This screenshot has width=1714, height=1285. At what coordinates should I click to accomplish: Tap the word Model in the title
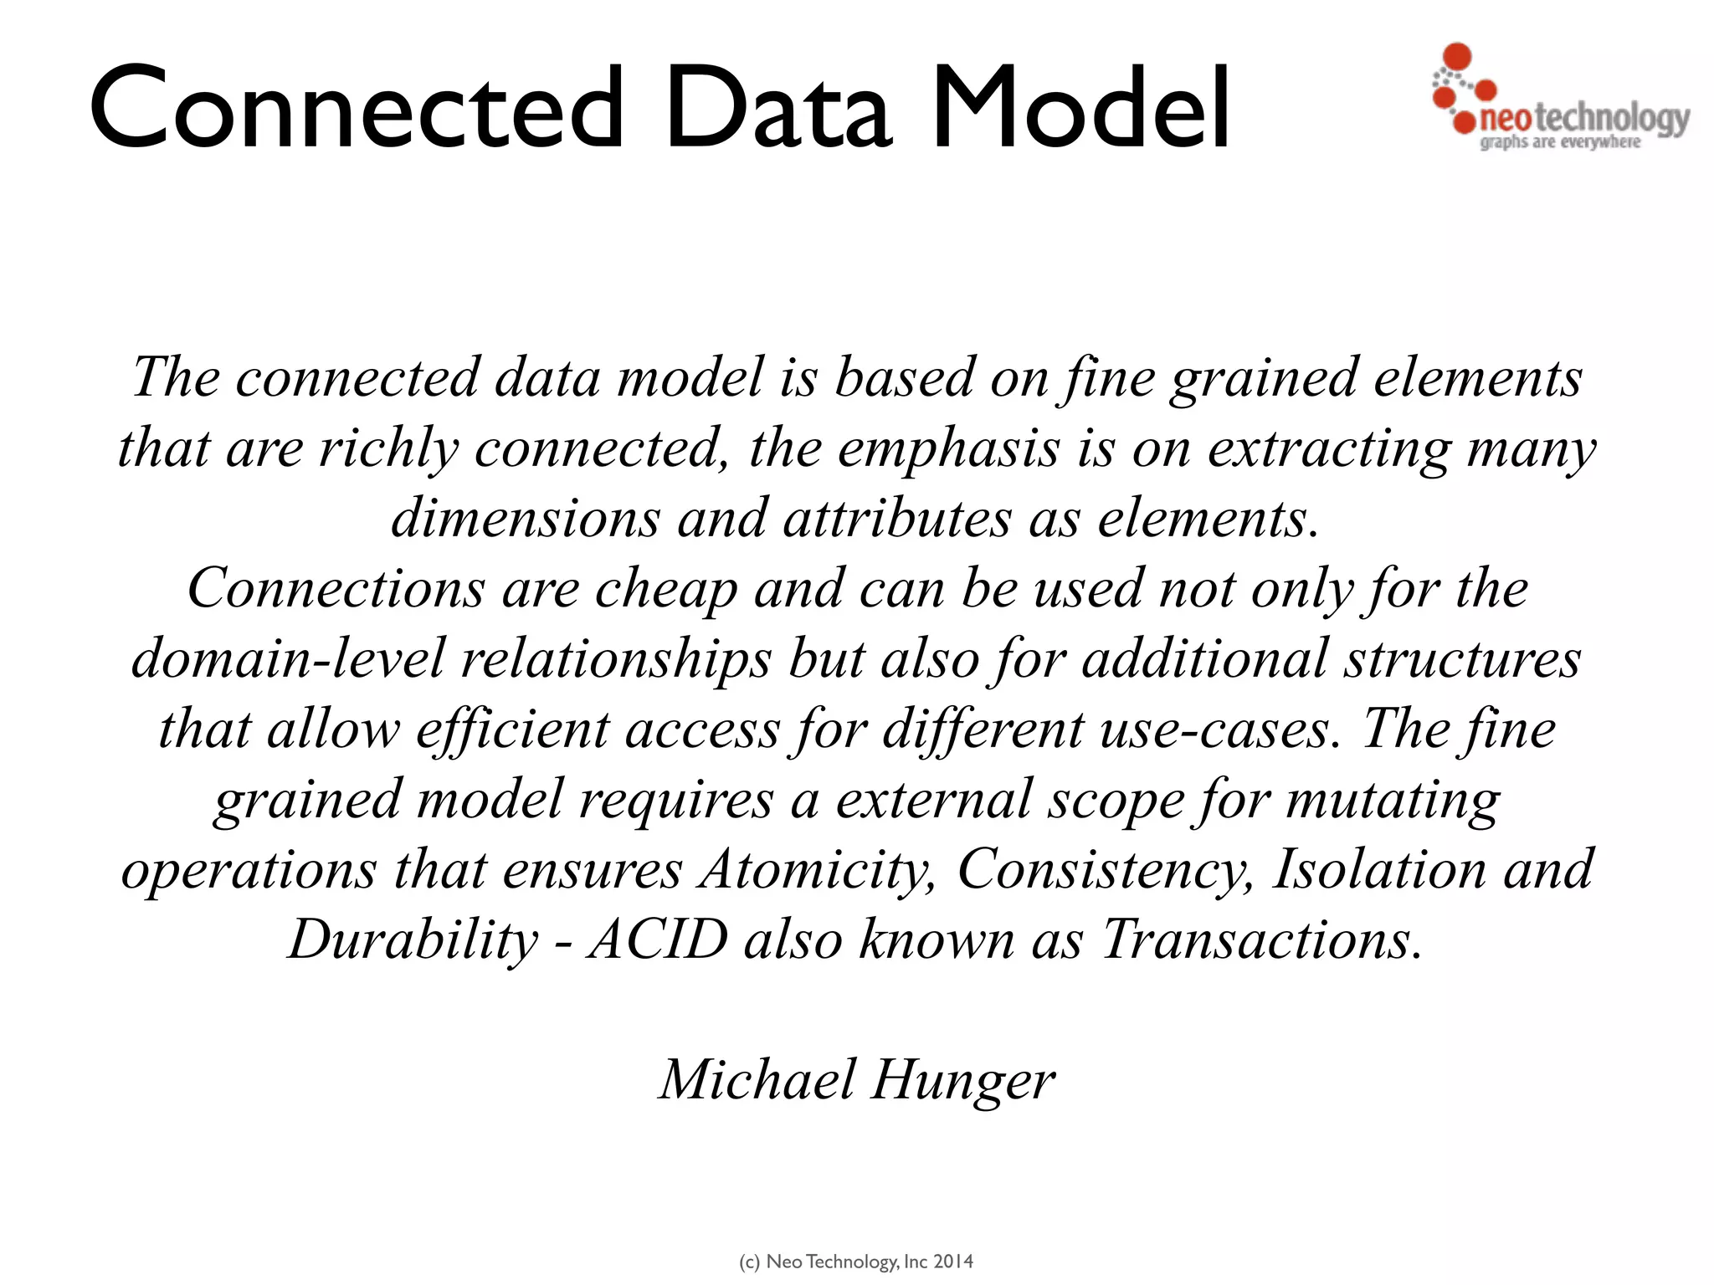1080,109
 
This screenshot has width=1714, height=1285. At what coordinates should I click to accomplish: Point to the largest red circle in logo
1458,57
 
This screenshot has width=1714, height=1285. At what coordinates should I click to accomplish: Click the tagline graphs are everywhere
1560,142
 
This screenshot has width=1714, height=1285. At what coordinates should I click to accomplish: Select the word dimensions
526,519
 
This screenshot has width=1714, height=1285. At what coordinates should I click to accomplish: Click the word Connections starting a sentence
336,589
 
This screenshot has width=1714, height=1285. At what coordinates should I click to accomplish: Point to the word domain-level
287,659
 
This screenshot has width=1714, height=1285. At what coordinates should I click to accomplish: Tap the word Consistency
1105,870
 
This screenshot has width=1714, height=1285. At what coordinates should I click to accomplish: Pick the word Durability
413,940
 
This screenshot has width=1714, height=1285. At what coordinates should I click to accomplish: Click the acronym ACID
657,940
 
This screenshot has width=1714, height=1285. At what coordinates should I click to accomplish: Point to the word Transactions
1261,940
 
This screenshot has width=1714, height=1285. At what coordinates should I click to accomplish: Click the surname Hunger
962,1081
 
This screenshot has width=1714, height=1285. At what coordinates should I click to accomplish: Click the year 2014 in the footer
953,1262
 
